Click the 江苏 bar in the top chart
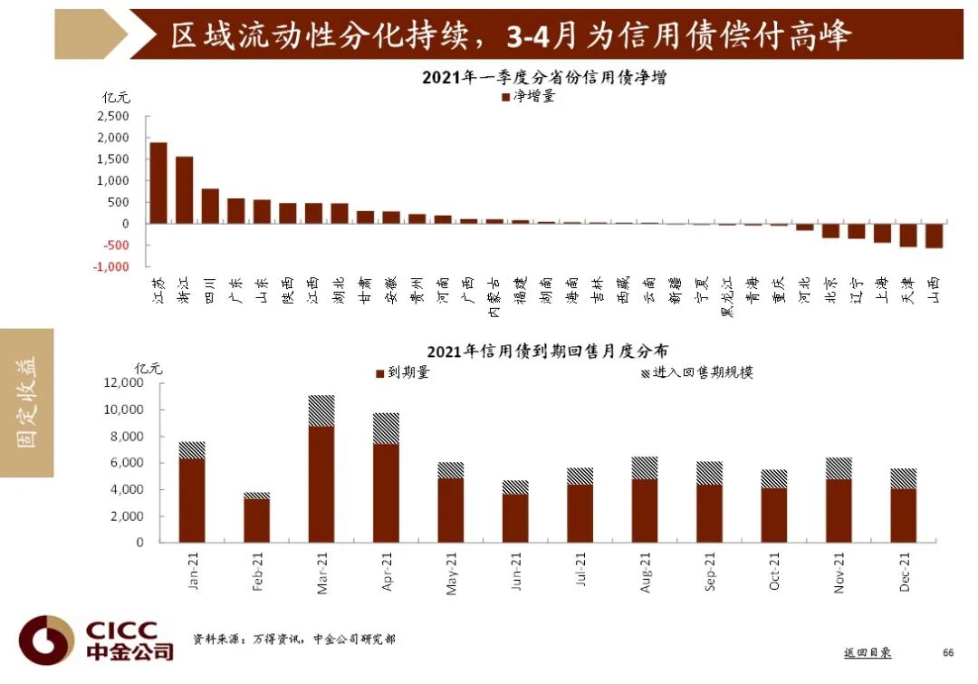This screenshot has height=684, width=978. click(158, 183)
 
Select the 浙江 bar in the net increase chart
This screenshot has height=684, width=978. click(184, 190)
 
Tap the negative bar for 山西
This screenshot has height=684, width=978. click(935, 236)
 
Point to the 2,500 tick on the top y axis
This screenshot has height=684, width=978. click(113, 116)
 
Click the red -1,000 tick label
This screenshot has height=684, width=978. click(110, 267)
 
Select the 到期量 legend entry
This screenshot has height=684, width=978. click(402, 372)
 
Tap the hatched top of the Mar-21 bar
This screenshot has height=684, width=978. click(321, 410)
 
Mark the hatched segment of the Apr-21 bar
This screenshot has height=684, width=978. click(386, 429)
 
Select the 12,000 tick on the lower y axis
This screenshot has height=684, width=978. click(125, 383)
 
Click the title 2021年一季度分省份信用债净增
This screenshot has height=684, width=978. click(544, 78)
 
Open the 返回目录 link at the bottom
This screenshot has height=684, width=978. click(867, 652)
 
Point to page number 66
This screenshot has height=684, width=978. click(948, 652)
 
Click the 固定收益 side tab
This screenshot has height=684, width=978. click(27, 402)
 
